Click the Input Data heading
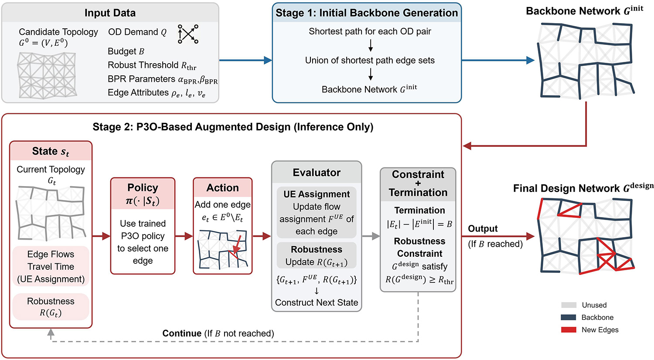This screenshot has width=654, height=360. [110, 13]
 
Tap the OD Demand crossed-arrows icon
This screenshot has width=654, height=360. [188, 34]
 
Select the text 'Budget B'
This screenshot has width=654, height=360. [126, 51]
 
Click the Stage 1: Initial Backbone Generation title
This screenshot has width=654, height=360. [367, 13]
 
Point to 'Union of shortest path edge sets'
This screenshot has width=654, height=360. [370, 61]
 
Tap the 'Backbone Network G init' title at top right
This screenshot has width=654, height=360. [584, 11]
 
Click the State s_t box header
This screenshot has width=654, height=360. [51, 151]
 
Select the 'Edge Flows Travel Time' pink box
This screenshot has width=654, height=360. [51, 266]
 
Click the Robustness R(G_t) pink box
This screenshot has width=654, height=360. [51, 307]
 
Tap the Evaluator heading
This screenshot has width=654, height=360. [317, 173]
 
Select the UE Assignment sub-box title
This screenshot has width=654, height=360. [317, 194]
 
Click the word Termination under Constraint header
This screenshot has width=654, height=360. [419, 211]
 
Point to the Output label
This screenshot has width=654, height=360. [483, 229]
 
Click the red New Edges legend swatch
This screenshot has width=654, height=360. [569, 330]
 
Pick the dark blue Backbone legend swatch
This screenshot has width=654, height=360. [569, 318]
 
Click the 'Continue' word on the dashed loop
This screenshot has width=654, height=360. [182, 333]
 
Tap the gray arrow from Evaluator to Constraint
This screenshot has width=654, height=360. [371, 236]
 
